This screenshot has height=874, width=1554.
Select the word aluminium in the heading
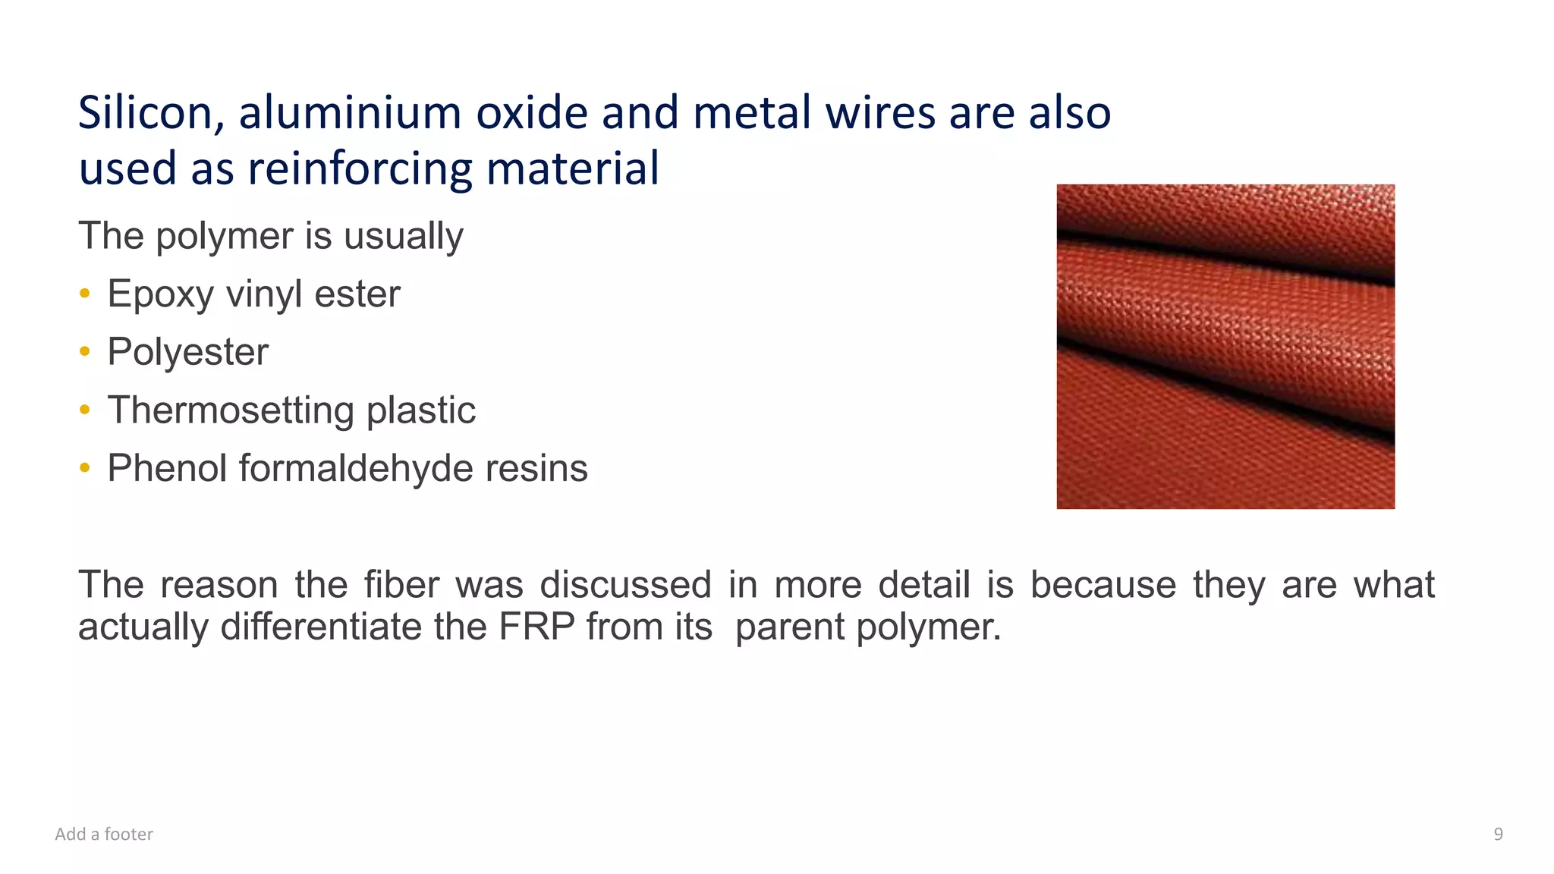(x=350, y=113)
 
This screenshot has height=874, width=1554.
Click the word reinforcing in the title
(x=361, y=168)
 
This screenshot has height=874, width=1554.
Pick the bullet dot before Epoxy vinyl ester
(x=85, y=293)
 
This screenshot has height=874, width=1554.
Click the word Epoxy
(x=160, y=294)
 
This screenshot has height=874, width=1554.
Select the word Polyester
(x=187, y=352)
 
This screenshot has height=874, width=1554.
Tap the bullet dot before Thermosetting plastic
(x=85, y=410)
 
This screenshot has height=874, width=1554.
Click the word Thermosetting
(x=231, y=410)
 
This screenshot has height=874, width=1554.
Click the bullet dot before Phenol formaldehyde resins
(x=85, y=468)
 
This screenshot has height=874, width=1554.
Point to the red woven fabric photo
(x=1225, y=346)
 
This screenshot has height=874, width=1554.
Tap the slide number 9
(x=1498, y=835)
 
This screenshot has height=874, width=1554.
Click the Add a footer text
(x=104, y=835)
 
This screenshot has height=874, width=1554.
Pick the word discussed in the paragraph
(x=625, y=585)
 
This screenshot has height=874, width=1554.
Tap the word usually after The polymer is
(x=403, y=236)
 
